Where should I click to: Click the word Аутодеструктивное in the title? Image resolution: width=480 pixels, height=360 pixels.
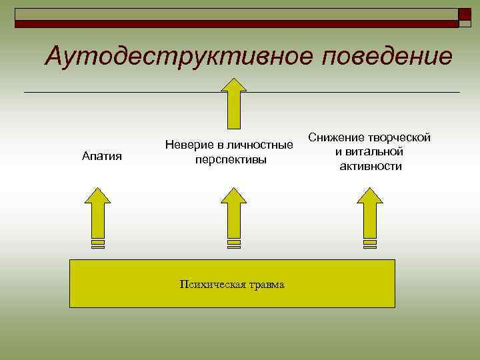click(x=180, y=57)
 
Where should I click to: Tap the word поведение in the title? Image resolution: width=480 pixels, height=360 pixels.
click(x=387, y=57)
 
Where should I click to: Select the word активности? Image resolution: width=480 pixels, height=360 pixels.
click(x=371, y=166)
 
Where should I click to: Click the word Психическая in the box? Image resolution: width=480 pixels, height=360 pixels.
click(x=208, y=285)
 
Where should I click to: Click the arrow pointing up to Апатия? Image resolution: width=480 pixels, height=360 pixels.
click(x=99, y=213)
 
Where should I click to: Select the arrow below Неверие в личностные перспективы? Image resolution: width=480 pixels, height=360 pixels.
click(x=233, y=213)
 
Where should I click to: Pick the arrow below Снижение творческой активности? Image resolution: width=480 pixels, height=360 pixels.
click(x=369, y=213)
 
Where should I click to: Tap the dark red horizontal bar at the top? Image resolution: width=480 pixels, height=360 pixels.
click(x=233, y=24)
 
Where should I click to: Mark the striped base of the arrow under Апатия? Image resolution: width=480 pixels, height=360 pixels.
click(x=99, y=244)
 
